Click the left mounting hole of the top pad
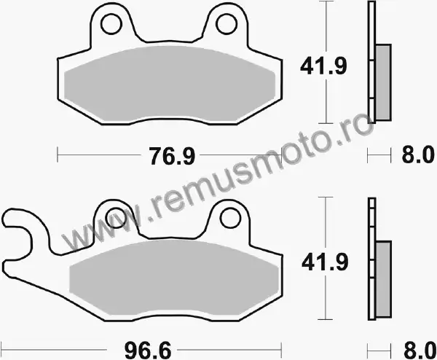pos(111,24)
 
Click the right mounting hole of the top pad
pos(227,24)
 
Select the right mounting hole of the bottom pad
pos(230,218)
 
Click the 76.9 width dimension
pos(172,156)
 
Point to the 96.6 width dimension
pos(148,351)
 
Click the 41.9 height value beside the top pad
pos(323,66)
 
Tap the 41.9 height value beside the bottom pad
pos(325,262)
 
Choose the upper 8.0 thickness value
pos(418,155)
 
